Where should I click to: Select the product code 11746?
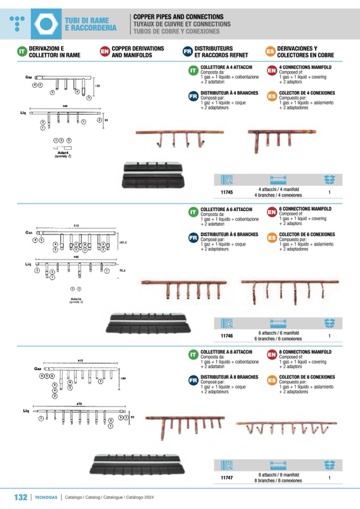point(227,336)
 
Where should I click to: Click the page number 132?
point(20,497)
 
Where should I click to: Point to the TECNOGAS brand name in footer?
point(46,497)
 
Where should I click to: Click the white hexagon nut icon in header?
point(46,24)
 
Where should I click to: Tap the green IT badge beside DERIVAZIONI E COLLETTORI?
point(21,51)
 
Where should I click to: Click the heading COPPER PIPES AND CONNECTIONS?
point(178,17)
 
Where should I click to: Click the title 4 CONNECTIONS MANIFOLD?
point(305,68)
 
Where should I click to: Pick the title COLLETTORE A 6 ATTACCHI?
point(226,209)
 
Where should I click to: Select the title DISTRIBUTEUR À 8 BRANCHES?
point(229,377)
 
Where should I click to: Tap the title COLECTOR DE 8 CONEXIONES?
point(307,377)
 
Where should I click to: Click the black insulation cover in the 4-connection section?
point(153,175)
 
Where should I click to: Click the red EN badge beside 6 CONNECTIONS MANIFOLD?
point(271,212)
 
